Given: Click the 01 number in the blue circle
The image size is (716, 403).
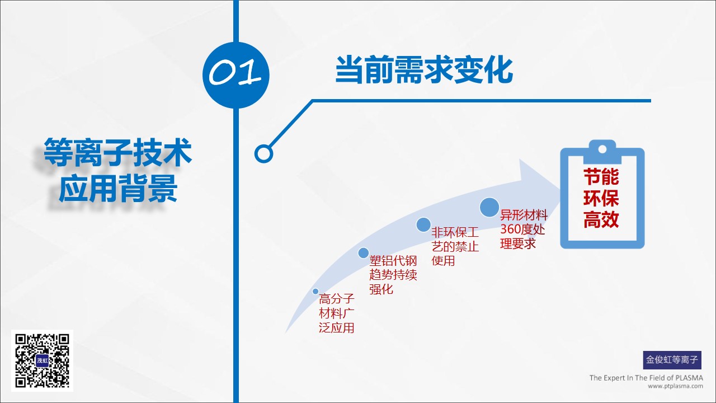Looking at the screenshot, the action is [x=235, y=72].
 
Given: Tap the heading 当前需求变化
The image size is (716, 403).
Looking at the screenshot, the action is [x=424, y=70].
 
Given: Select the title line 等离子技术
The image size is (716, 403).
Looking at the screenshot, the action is [x=117, y=152].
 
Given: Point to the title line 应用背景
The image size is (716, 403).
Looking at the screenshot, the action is [x=118, y=188].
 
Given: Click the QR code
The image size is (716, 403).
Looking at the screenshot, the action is [x=42, y=360].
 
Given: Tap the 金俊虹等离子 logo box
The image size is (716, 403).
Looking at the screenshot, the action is [x=672, y=360].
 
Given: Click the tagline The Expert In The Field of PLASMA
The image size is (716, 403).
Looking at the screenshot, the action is [x=646, y=378].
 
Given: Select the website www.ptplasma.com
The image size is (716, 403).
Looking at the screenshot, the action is [x=675, y=386].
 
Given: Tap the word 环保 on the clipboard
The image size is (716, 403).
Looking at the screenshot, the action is [x=601, y=198].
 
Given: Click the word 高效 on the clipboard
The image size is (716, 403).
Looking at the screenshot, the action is [x=601, y=219].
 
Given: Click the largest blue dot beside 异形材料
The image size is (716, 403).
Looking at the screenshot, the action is [x=489, y=207].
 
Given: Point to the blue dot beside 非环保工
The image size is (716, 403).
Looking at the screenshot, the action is [x=423, y=224].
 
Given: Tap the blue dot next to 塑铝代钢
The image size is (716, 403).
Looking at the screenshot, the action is [x=364, y=253].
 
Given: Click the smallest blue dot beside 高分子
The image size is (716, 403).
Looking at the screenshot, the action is [x=315, y=292].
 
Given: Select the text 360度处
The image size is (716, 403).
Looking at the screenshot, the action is [x=522, y=229].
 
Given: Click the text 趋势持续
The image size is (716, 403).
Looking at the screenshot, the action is [x=393, y=275].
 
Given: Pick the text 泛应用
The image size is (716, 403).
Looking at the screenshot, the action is [x=337, y=328].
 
